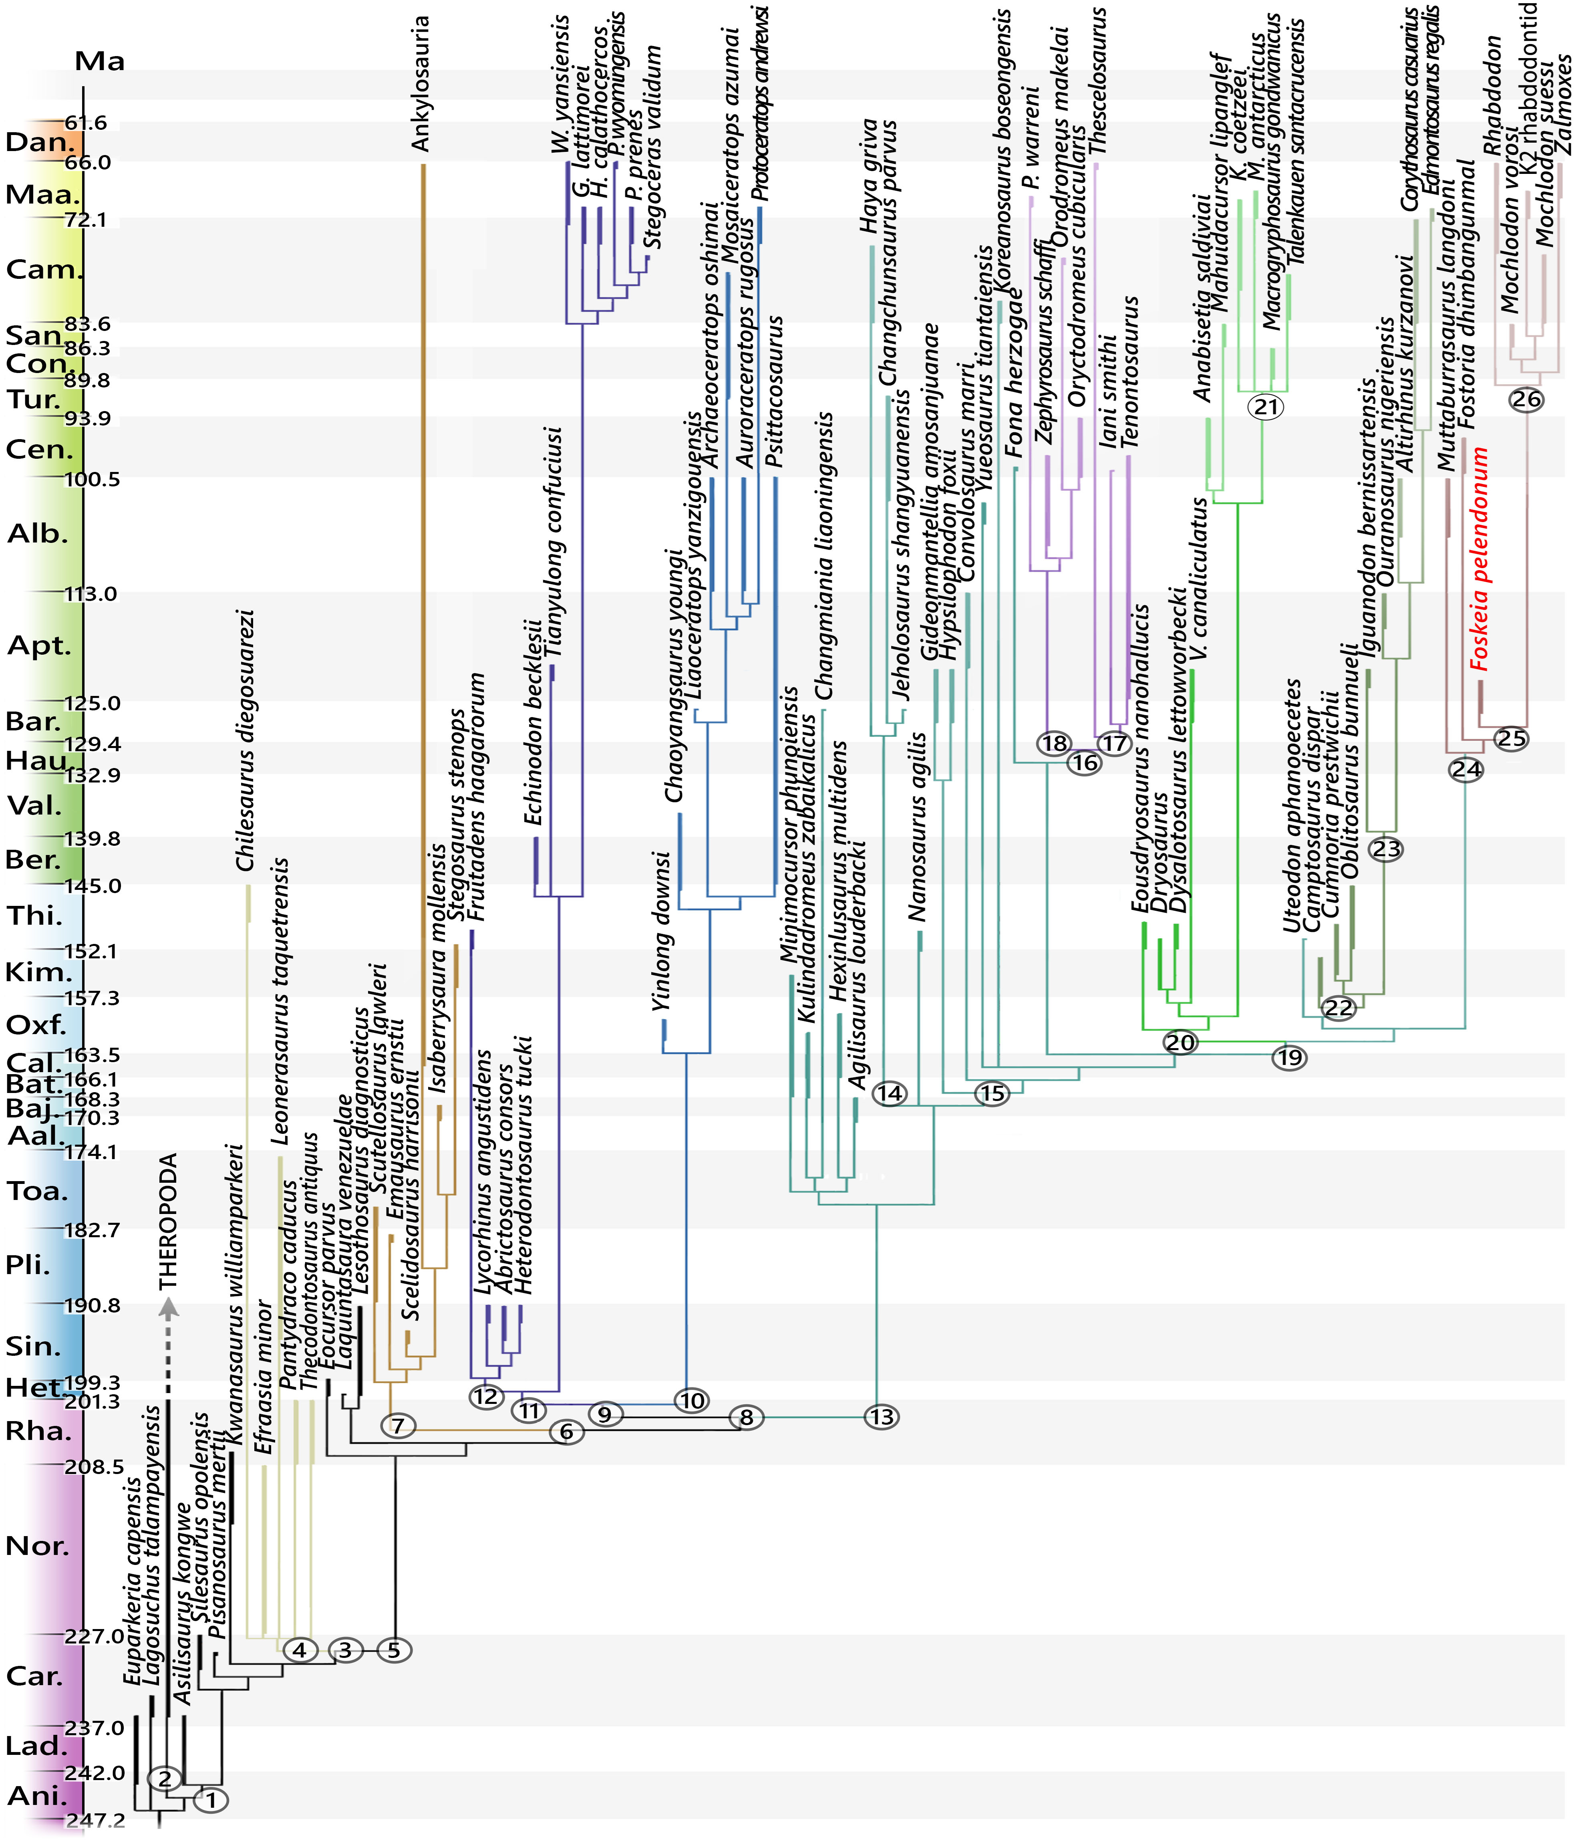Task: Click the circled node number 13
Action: (882, 1417)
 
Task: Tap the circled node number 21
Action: (1266, 407)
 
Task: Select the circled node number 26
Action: (1526, 399)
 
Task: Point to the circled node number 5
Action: (394, 1650)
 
